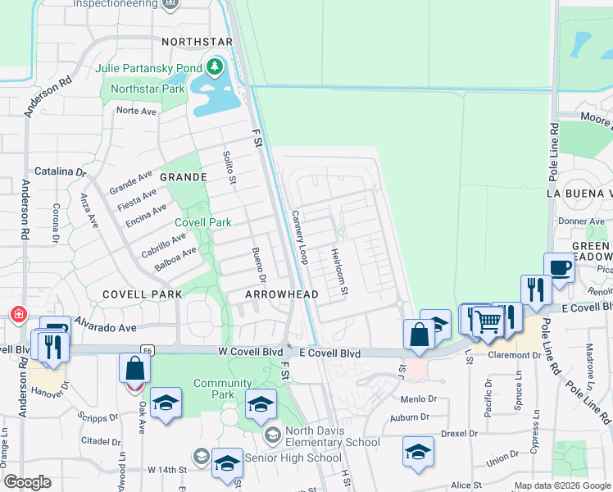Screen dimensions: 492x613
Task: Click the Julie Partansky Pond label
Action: [148, 67]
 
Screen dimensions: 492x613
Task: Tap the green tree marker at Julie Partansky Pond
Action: [215, 66]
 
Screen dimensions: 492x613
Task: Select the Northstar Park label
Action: [148, 89]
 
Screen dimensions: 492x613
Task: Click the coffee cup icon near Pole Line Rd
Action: [560, 267]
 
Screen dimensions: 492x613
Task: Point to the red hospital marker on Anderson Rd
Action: [17, 314]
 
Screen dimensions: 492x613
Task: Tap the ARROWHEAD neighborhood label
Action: [280, 294]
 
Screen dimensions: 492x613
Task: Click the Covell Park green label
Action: [203, 222]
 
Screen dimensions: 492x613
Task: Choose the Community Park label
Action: [222, 389]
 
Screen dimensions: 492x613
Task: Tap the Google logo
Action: [28, 482]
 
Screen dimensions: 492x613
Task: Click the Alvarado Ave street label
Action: [106, 326]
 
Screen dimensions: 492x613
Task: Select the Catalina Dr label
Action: [59, 172]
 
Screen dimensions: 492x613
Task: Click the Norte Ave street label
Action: [136, 110]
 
